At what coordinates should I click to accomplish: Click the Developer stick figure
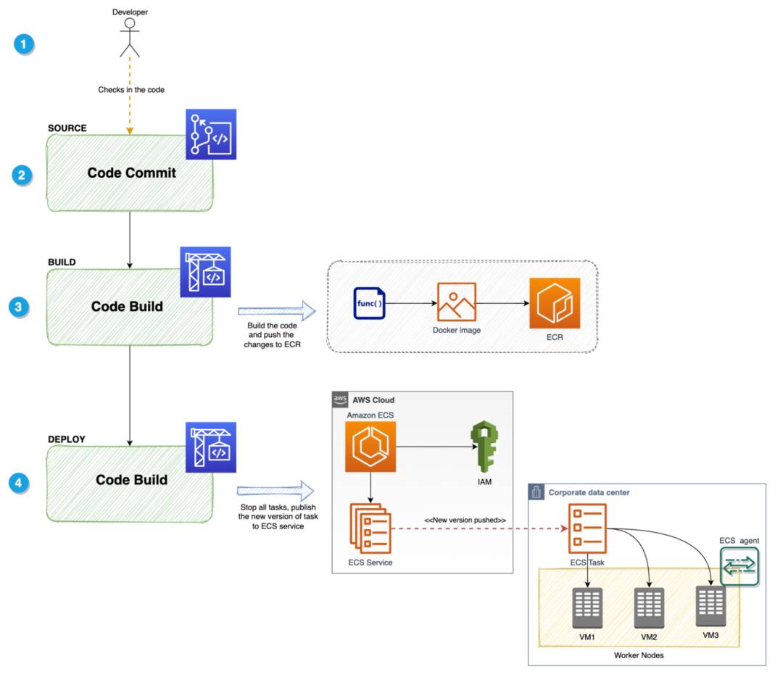pyautogui.click(x=130, y=38)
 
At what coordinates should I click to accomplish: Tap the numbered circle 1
pyautogui.click(x=25, y=44)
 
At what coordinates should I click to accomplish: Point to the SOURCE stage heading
pyautogui.click(x=67, y=128)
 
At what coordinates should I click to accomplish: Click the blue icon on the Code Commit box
pyautogui.click(x=211, y=134)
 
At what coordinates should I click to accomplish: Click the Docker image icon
pyautogui.click(x=456, y=302)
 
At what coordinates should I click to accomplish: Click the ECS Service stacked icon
pyautogui.click(x=370, y=527)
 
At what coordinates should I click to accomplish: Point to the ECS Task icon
pyautogui.click(x=587, y=527)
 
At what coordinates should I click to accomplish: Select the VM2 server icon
pyautogui.click(x=649, y=607)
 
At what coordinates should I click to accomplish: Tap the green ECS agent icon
pyautogui.click(x=739, y=565)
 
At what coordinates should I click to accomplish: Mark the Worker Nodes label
pyautogui.click(x=638, y=655)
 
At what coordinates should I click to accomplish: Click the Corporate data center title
pyautogui.click(x=589, y=493)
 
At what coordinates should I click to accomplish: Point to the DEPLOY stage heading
pyautogui.click(x=67, y=439)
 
